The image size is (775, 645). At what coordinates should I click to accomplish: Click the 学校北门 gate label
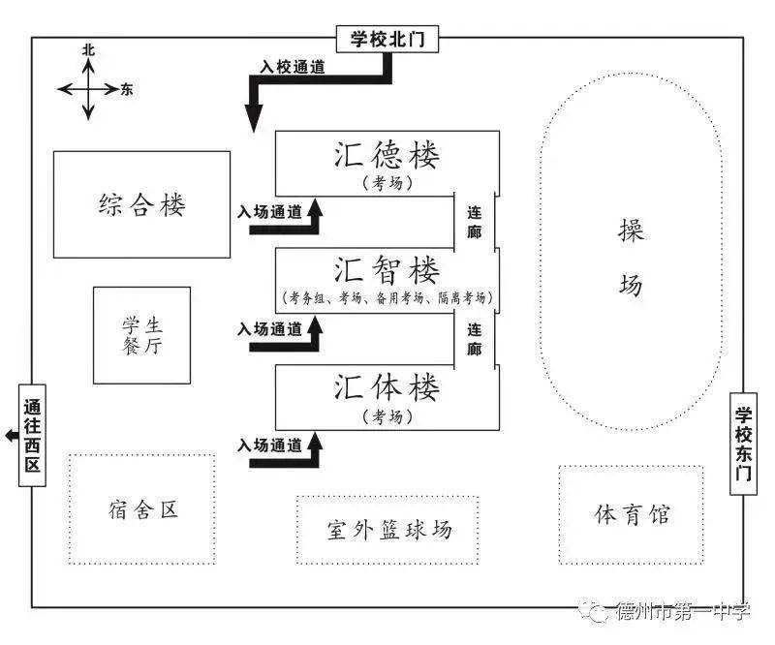pos(387,40)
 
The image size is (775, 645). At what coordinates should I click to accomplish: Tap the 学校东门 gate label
pos(743,444)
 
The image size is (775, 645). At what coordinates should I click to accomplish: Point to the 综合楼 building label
pos(141,204)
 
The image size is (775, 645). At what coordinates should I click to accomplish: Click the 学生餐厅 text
pos(141,334)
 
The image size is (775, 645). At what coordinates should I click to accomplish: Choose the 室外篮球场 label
pos(387,530)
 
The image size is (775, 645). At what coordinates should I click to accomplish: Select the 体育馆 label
pos(632,514)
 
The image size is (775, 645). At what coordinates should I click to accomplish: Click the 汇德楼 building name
pos(387,157)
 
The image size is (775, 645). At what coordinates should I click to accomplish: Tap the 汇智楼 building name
pos(387,269)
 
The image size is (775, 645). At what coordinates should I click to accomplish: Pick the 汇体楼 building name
pos(387,387)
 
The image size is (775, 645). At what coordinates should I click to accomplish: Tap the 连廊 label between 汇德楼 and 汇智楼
pos(475,222)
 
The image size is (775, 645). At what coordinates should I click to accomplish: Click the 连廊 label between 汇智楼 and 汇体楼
pos(475,339)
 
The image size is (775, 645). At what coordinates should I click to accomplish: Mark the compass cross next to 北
pos(88,89)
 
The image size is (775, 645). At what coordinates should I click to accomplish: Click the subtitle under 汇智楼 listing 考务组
pos(387,298)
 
